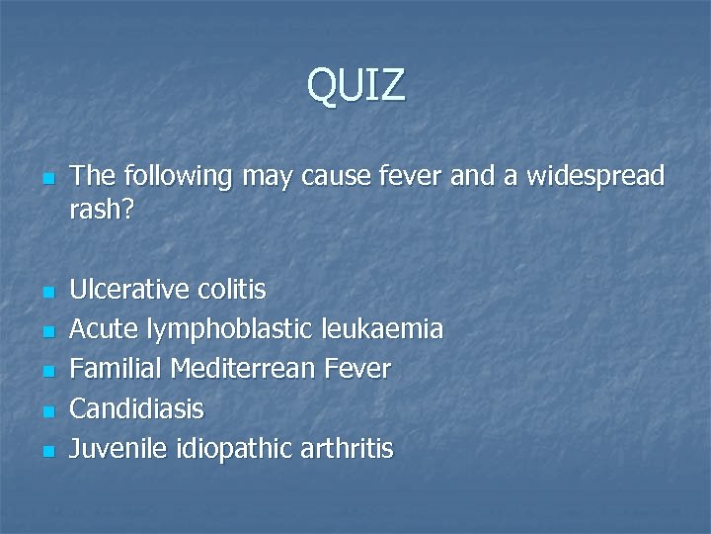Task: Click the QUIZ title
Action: (355, 85)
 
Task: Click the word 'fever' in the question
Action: (409, 177)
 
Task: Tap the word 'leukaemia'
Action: (387, 329)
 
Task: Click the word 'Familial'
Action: (116, 369)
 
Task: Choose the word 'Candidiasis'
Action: (137, 408)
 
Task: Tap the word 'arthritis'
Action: (347, 449)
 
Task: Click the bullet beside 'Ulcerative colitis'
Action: (46, 293)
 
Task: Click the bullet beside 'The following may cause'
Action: (46, 180)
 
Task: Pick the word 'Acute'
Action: (104, 329)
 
